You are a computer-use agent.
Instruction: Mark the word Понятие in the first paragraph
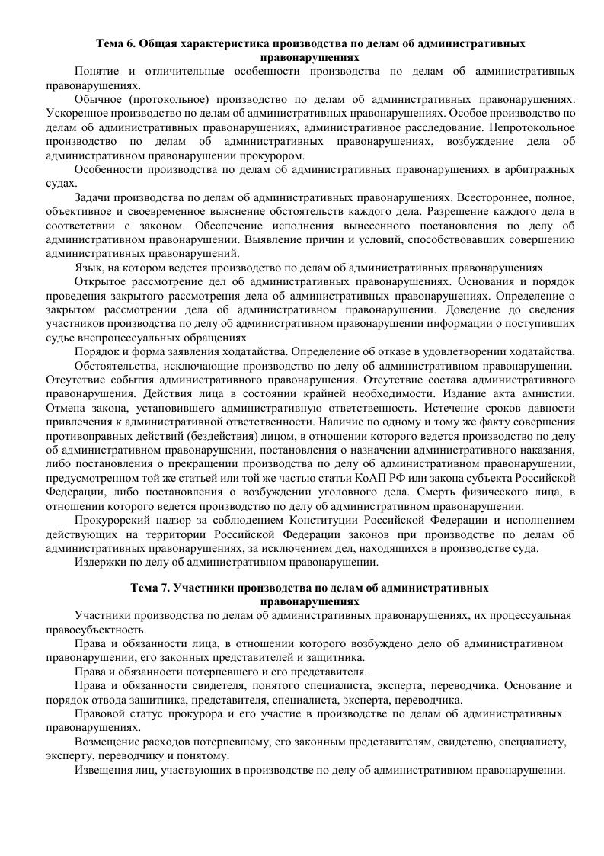97,71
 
